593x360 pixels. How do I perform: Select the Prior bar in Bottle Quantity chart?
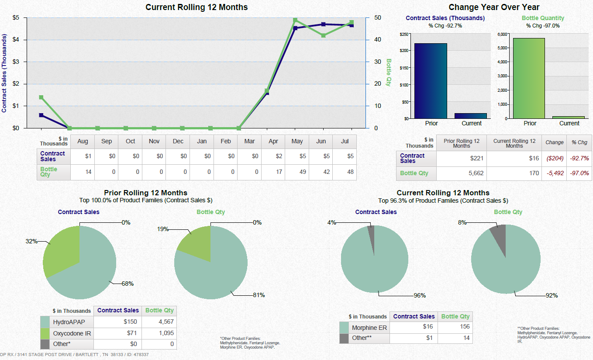tap(529, 78)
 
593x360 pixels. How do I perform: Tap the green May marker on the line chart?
tap(295, 20)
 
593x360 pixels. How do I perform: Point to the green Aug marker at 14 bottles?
tap(41, 97)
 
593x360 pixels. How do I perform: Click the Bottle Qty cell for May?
tap(297, 172)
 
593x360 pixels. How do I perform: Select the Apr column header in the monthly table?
tap(273, 142)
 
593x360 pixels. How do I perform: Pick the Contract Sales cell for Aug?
tap(83, 156)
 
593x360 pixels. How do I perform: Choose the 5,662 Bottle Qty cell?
tap(462, 173)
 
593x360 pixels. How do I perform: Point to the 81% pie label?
tap(259, 295)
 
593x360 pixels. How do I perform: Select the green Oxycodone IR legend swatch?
tap(45, 333)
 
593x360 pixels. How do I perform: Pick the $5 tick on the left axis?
tap(15, 17)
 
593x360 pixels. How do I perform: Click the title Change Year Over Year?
tap(494, 7)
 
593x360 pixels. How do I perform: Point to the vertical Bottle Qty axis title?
tap(388, 73)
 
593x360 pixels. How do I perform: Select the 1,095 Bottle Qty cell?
tap(159, 333)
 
